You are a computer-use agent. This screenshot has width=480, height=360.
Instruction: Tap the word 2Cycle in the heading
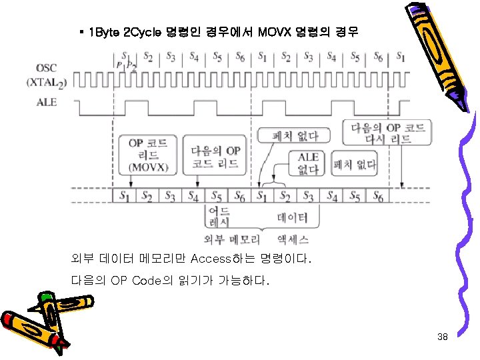click(139, 33)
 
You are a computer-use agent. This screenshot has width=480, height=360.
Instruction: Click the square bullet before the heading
click(81, 32)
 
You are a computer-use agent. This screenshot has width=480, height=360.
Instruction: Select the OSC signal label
click(47, 68)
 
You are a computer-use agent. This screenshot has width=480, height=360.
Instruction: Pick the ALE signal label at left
click(47, 103)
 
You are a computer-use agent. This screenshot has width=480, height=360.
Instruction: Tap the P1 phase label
click(120, 65)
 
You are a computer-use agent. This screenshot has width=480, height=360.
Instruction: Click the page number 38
click(442, 337)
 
